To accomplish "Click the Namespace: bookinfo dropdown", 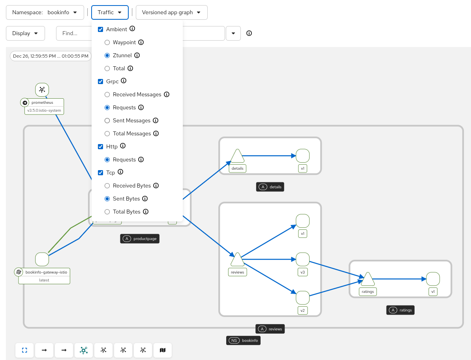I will coord(45,12).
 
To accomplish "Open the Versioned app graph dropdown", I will coord(171,12).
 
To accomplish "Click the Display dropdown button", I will coord(25,33).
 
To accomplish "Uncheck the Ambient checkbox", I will coord(100,29).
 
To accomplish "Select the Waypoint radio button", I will coord(107,42).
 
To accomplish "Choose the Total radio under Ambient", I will coord(107,68).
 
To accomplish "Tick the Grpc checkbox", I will coord(100,81).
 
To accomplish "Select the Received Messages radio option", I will coord(107,94).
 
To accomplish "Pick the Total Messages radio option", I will coord(107,133).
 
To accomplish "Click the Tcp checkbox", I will coord(100,172).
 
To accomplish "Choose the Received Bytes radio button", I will coord(107,186).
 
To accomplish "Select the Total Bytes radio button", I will coord(107,212).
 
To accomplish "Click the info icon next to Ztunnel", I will coord(137,55).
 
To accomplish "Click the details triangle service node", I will coord(237,157).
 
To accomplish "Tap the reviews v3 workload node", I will coord(302,259).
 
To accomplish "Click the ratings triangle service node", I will coord(368,279).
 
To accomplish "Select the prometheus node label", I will coord(42,103).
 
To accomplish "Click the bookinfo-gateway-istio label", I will coord(46,272).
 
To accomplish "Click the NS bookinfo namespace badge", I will coord(243,340).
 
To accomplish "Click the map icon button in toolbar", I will coord(163,350).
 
